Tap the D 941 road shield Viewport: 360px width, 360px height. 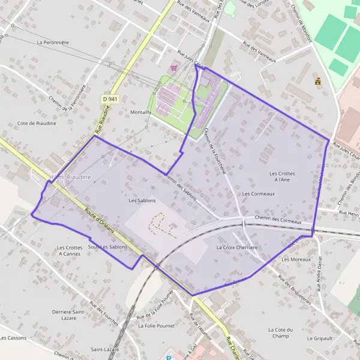pos(109,98)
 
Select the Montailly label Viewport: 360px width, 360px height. pos(140,112)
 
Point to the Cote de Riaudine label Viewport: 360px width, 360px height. pos(37,123)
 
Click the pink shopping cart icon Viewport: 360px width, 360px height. pos(174,68)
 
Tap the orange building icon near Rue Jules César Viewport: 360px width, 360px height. pos(317,81)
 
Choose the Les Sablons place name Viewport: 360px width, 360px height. pos(142,200)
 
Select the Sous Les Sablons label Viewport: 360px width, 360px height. pos(108,247)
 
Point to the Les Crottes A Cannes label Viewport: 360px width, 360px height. pos(69,251)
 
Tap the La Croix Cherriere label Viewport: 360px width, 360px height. pos(237,247)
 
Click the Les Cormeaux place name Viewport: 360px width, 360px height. pos(259,194)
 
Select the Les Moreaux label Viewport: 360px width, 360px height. pos(296,259)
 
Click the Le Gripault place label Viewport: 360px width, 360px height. pos(319,338)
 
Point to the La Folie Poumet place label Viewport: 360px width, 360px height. pos(155,326)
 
